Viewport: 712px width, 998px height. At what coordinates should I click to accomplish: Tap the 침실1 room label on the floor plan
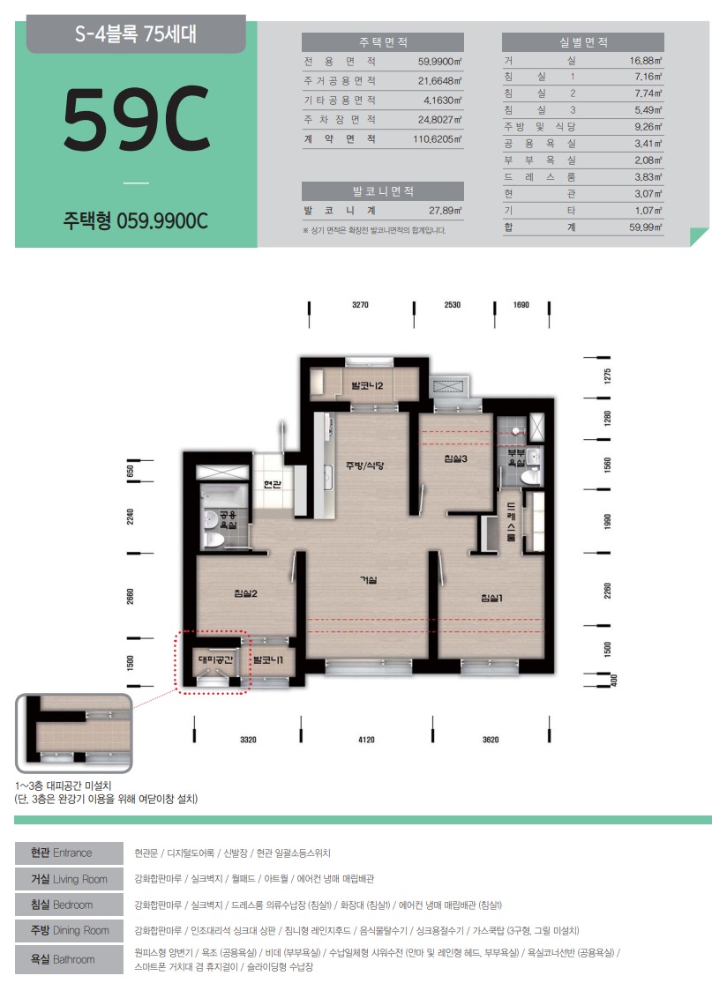pyautogui.click(x=491, y=598)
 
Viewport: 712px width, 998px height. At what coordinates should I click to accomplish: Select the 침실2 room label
pyautogui.click(x=246, y=594)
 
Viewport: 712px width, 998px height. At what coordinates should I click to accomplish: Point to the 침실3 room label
pyautogui.click(x=456, y=458)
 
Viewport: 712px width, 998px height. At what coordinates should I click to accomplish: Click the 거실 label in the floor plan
pyautogui.click(x=368, y=580)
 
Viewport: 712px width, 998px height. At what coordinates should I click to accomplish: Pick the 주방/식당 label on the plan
pyautogui.click(x=365, y=465)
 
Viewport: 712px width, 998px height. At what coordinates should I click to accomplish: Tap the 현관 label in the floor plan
pyautogui.click(x=273, y=484)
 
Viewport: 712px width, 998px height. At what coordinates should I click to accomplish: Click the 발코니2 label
pyautogui.click(x=367, y=385)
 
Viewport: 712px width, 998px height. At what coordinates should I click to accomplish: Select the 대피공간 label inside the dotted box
pyautogui.click(x=216, y=660)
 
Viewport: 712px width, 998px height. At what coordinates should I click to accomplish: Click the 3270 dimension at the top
pyautogui.click(x=361, y=305)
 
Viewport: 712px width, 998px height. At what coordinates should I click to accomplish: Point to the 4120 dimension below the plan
pyautogui.click(x=366, y=740)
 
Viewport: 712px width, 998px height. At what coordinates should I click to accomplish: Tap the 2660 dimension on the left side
pyautogui.click(x=131, y=596)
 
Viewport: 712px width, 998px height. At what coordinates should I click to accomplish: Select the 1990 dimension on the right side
pyautogui.click(x=608, y=521)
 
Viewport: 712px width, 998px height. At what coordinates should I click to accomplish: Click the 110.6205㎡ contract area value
pyautogui.click(x=438, y=138)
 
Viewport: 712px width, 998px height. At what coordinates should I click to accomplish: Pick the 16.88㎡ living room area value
pyautogui.click(x=646, y=61)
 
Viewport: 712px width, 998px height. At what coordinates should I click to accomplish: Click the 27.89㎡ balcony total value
pyautogui.click(x=446, y=211)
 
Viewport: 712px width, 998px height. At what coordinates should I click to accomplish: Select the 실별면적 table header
pyautogui.click(x=583, y=42)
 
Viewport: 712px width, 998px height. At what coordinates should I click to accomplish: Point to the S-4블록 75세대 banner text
pyautogui.click(x=136, y=34)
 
